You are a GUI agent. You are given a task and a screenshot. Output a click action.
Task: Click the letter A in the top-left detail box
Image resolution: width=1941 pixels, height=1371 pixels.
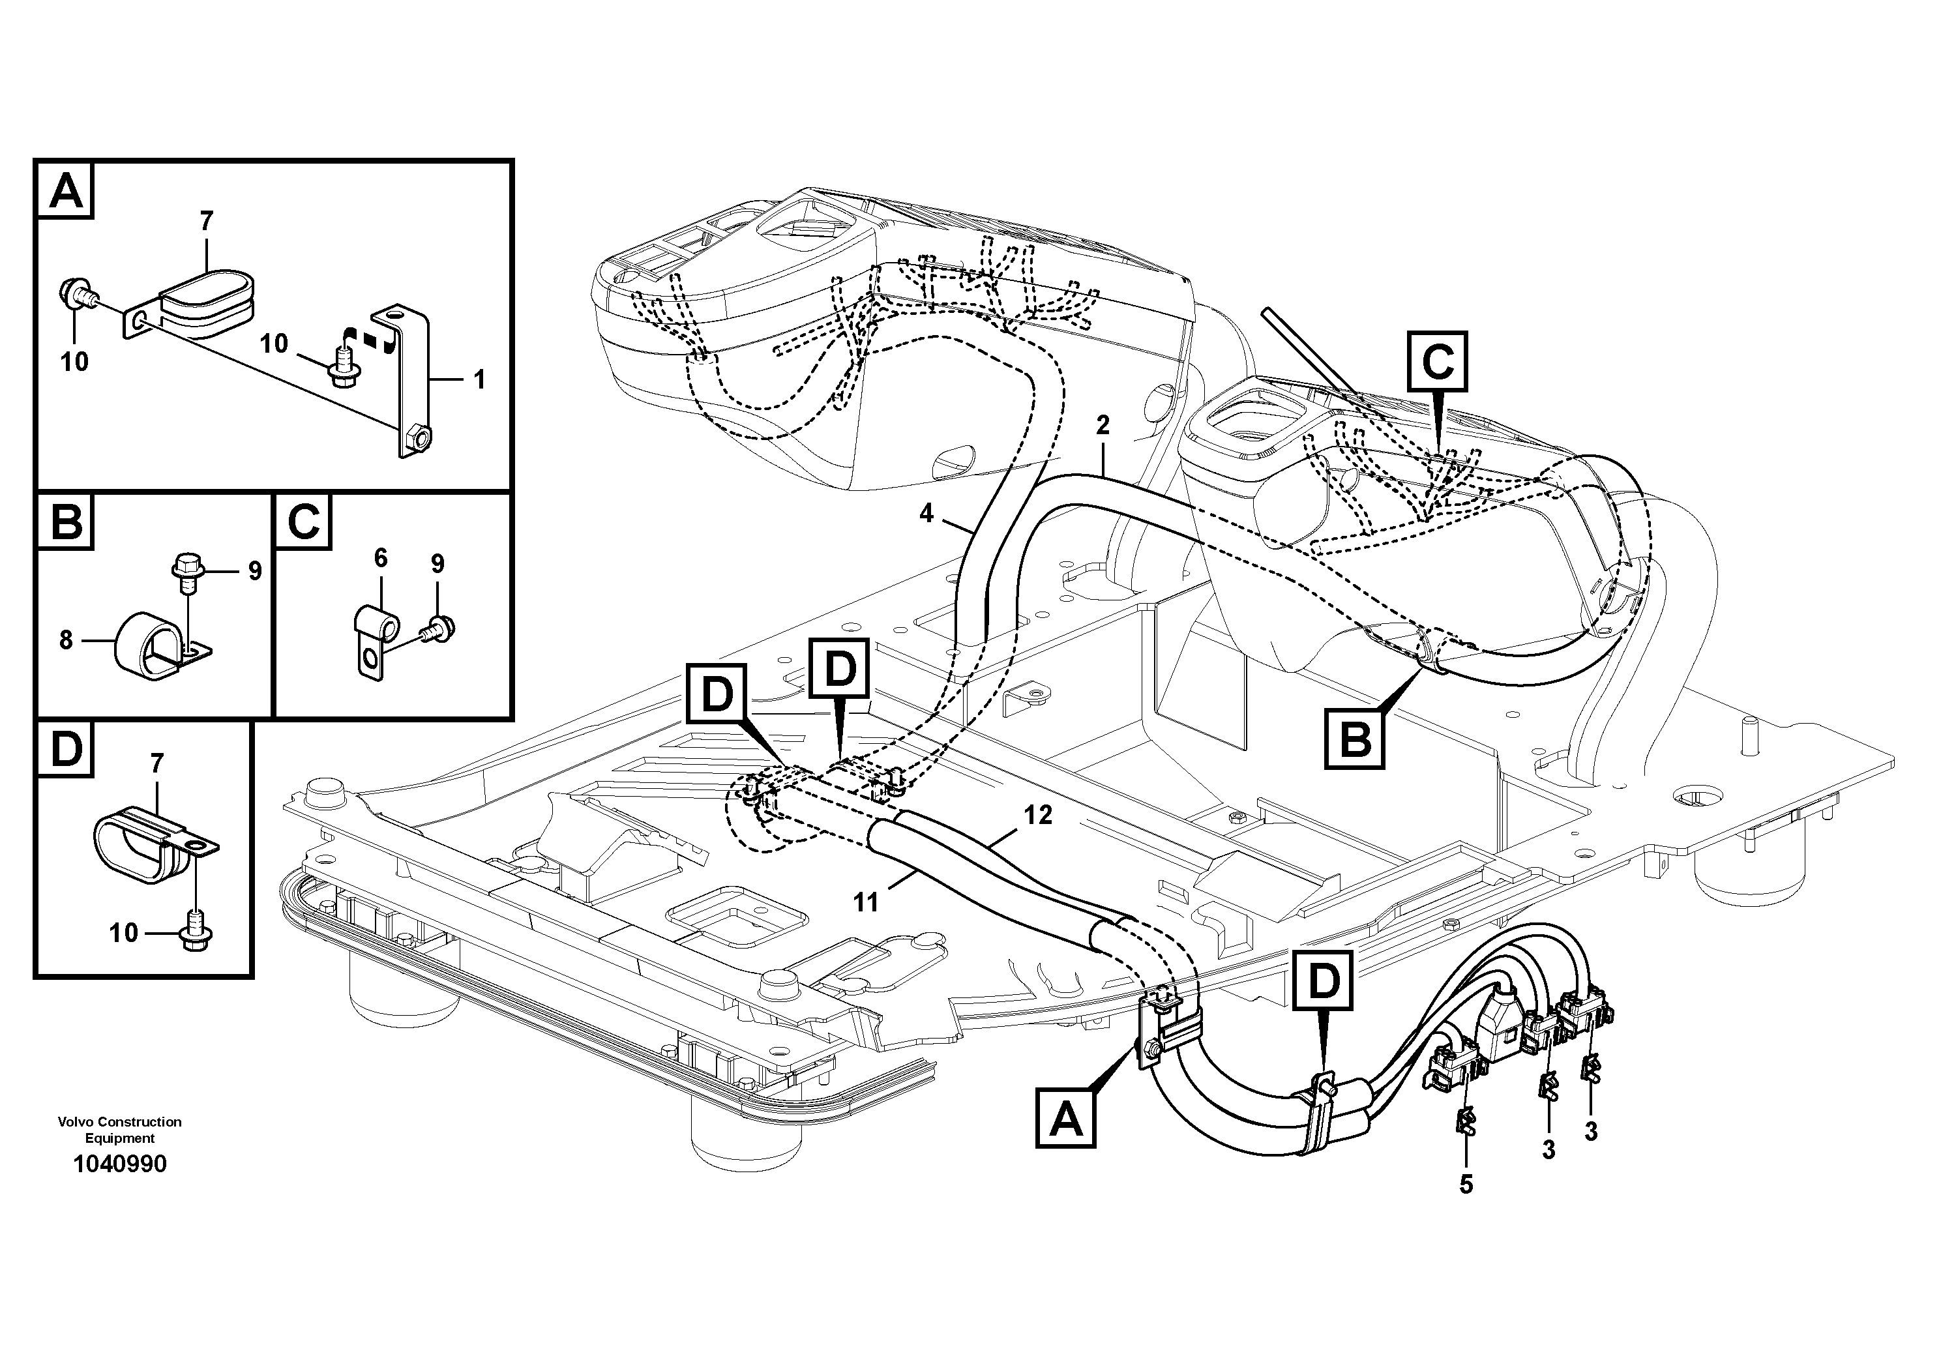click(x=66, y=190)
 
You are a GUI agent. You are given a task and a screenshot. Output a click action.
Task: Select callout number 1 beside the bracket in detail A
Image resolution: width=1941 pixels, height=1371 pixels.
click(x=479, y=379)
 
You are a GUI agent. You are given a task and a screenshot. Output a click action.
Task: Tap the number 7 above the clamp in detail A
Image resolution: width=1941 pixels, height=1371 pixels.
click(x=206, y=222)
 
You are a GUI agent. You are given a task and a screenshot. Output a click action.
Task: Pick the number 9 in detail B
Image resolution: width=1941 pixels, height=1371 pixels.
click(x=254, y=571)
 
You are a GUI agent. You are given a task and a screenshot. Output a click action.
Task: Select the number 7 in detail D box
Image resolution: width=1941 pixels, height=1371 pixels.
click(x=157, y=764)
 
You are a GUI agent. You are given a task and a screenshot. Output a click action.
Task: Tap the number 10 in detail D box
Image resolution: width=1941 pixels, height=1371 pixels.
click(x=123, y=933)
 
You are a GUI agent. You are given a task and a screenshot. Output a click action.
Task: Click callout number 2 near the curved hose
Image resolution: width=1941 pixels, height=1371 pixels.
click(x=1103, y=425)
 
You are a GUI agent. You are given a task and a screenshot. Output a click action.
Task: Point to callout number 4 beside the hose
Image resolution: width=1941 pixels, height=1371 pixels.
click(x=926, y=513)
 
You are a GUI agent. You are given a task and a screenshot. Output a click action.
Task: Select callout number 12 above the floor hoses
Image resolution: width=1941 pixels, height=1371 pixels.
click(x=1038, y=815)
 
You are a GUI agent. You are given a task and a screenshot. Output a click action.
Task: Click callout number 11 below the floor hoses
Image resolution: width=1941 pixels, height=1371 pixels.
click(x=866, y=903)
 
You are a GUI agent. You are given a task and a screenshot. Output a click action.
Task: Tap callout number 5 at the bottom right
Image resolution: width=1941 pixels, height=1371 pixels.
click(x=1466, y=1185)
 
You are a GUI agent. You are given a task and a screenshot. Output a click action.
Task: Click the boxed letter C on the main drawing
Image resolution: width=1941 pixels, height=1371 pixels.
click(x=1437, y=361)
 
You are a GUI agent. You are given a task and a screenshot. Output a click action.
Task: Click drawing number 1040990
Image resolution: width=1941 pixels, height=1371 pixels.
click(x=120, y=1164)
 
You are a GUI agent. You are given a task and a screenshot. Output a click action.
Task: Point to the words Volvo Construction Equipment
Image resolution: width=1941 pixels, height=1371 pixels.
click(x=119, y=1130)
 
